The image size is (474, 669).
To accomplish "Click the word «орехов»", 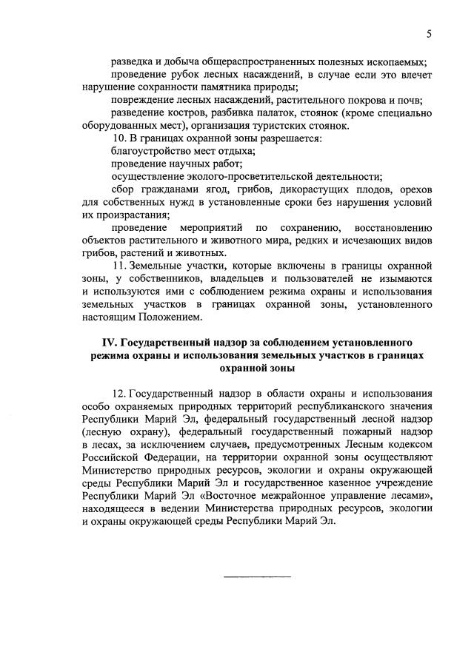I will [x=415, y=189].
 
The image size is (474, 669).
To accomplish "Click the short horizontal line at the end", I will [x=257, y=576].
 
